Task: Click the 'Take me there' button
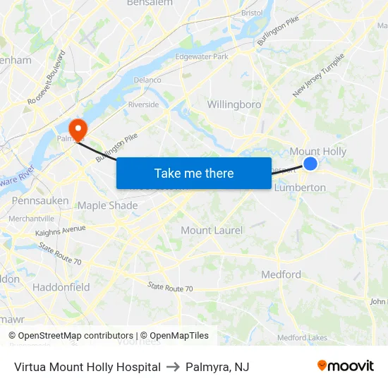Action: click(194, 173)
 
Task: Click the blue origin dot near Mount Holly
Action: click(310, 164)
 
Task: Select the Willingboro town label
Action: click(234, 104)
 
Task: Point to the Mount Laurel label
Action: click(212, 230)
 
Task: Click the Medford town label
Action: click(281, 274)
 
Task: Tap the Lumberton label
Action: click(300, 188)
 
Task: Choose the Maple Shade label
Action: click(107, 205)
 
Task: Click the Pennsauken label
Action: click(40, 201)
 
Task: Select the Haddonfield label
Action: click(61, 287)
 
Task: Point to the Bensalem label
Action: click(150, 4)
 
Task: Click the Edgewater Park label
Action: click(202, 56)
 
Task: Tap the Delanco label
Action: click(147, 80)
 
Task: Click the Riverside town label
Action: click(143, 105)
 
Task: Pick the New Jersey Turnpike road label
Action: click(319, 75)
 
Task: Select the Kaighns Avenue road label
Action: click(60, 230)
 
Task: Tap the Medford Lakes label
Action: click(302, 338)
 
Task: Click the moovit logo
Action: click(345, 366)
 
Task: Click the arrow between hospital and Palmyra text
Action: click(173, 367)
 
